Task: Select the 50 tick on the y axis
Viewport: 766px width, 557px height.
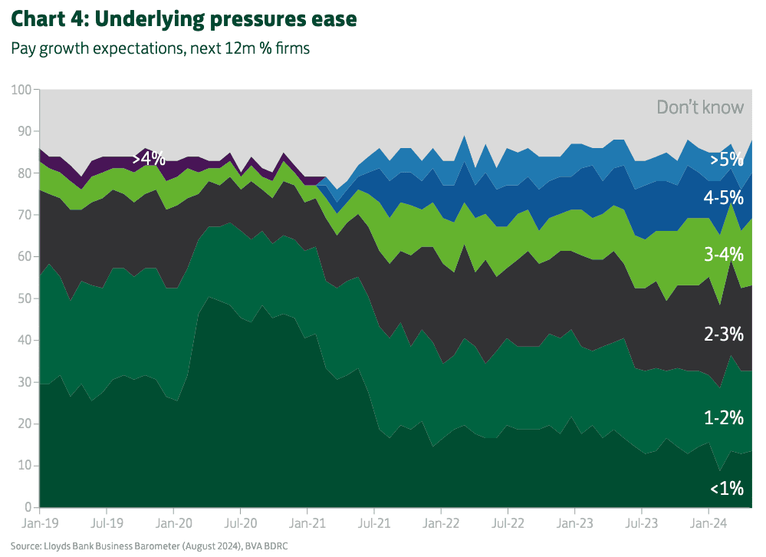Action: [24, 298]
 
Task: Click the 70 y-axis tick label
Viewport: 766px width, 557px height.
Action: [24, 215]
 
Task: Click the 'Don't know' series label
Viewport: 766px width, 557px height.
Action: [700, 107]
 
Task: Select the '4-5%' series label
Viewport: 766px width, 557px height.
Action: [723, 197]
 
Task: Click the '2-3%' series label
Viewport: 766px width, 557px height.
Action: [723, 334]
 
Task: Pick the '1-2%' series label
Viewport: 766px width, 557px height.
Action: [723, 418]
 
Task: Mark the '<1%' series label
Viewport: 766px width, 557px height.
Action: [725, 487]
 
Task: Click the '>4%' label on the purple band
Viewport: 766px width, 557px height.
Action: [149, 159]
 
